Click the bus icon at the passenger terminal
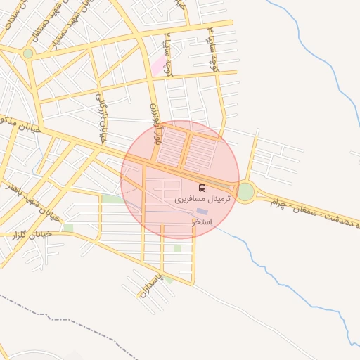click(x=202, y=188)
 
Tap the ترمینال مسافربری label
click(x=202, y=200)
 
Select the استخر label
click(x=202, y=221)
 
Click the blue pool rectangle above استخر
click(x=202, y=211)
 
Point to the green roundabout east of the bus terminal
click(x=245, y=191)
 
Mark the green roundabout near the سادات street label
click(x=28, y=53)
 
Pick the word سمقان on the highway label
click(x=312, y=210)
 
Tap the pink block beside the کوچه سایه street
click(x=156, y=67)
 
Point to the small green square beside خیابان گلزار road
click(x=68, y=228)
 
